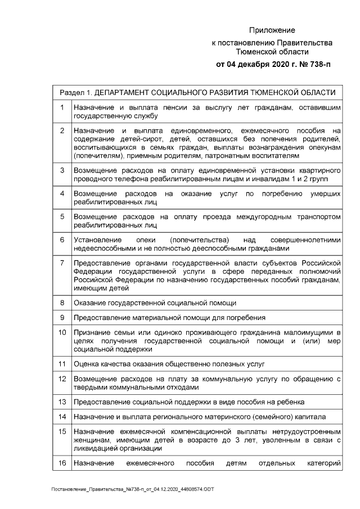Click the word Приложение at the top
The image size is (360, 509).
272,30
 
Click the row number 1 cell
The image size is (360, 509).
61,106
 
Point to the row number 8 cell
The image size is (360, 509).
61,303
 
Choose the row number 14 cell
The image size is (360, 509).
61,417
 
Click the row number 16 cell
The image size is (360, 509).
61,464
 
